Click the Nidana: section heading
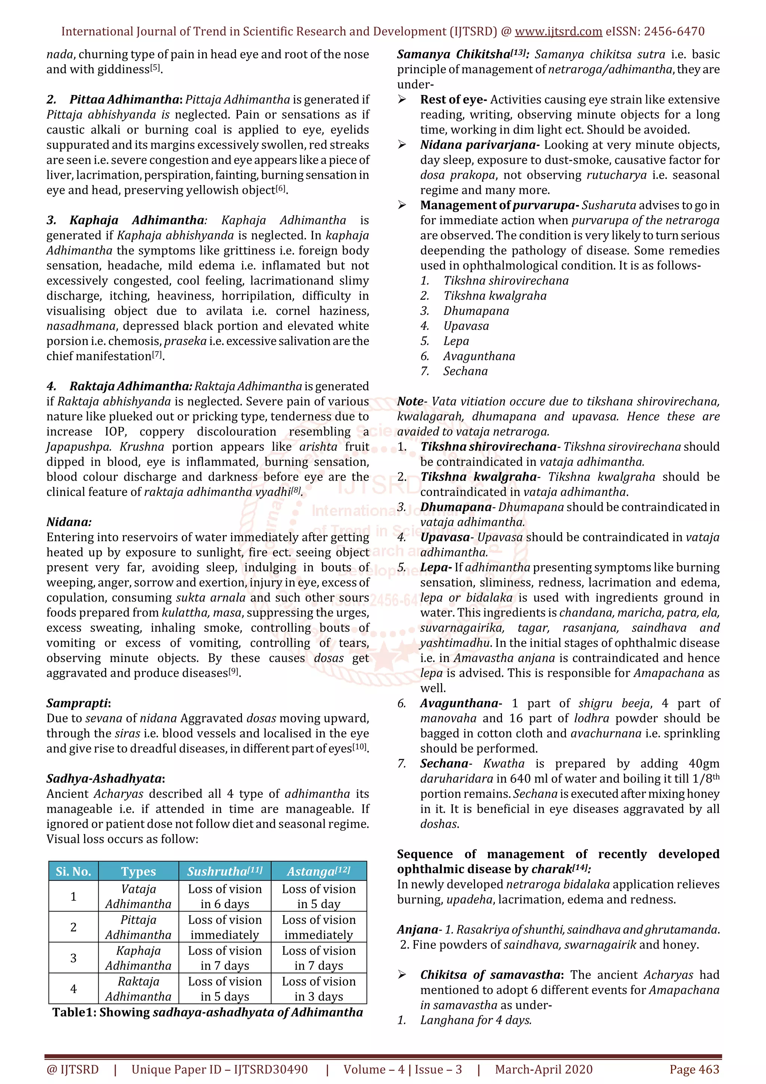[69, 522]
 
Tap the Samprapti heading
[78, 703]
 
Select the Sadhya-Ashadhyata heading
[105, 778]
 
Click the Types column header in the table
[138, 871]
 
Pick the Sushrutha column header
[225, 871]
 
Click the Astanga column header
[319, 871]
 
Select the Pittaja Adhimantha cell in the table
[138, 927]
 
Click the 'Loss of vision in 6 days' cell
[225, 896]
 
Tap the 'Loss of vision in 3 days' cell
[319, 989]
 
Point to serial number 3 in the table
[73, 958]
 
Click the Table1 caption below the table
[208, 1012]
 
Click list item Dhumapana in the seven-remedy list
[476, 311]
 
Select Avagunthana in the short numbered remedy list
[479, 356]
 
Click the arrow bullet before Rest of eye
[402, 99]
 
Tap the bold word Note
[410, 401]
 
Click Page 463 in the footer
[694, 1069]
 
